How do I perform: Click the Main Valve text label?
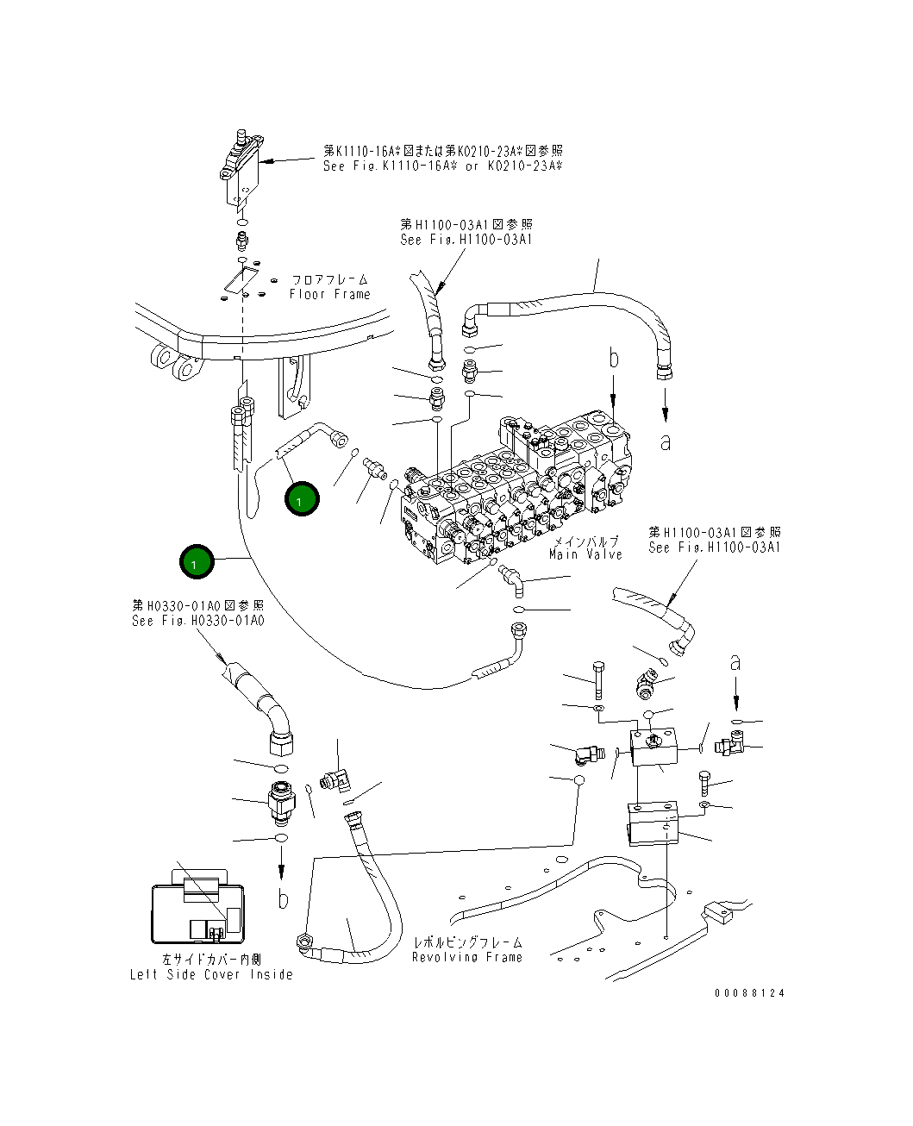[585, 548]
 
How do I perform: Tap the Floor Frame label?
[329, 287]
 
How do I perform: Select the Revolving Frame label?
[467, 950]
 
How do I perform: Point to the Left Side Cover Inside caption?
[211, 967]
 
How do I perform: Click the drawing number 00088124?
[749, 993]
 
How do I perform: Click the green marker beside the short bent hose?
[301, 499]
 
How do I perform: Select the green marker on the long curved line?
[196, 563]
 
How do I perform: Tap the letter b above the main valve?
[613, 357]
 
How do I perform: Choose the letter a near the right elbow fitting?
[735, 662]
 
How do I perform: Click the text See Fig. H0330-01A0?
[198, 613]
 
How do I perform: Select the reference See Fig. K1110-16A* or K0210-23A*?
[442, 158]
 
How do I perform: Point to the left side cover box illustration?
[197, 911]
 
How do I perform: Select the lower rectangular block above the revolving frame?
[653, 825]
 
